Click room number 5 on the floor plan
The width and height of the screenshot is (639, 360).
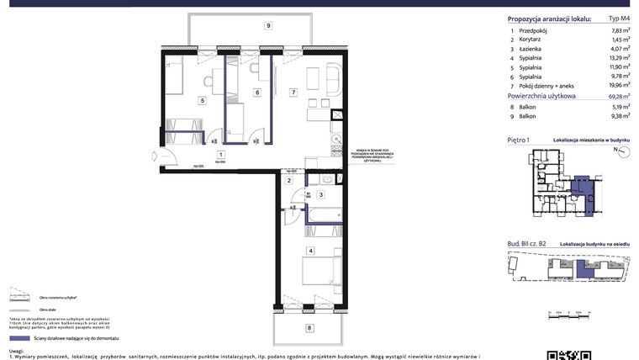(202, 100)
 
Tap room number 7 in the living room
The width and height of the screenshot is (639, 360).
(293, 92)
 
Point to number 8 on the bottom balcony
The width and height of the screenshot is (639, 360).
(309, 326)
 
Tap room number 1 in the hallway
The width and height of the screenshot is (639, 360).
(219, 155)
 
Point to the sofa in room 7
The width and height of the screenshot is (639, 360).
(333, 81)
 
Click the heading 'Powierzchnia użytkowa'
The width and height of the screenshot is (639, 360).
(541, 97)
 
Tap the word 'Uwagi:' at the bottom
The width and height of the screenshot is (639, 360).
(15, 352)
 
